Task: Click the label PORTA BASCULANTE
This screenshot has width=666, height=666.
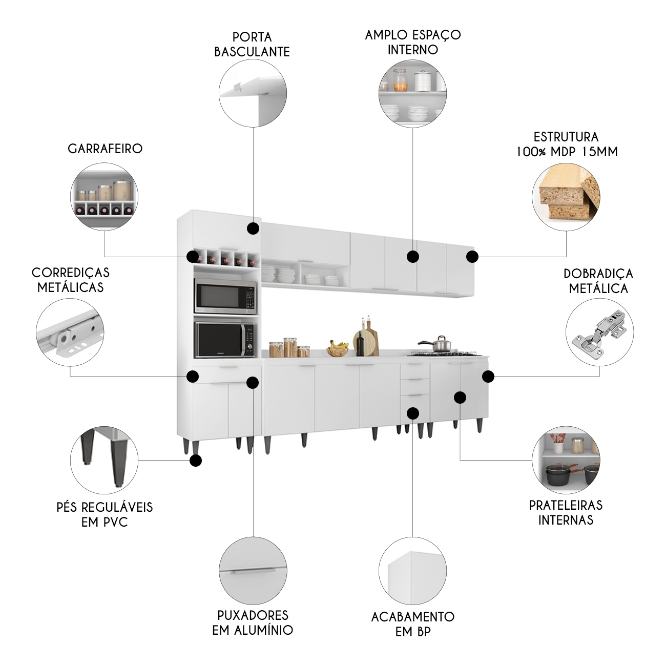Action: click(x=252, y=44)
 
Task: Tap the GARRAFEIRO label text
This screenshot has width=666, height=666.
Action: click(x=105, y=149)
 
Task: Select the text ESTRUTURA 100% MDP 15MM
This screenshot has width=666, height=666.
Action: click(x=566, y=144)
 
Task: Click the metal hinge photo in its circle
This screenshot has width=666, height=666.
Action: click(x=599, y=332)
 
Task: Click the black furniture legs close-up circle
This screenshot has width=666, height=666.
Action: click(x=103, y=459)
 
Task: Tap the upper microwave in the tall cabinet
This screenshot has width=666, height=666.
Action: click(x=225, y=296)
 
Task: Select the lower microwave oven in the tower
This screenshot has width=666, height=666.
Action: click(x=225, y=339)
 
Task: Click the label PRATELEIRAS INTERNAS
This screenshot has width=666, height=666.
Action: click(x=566, y=512)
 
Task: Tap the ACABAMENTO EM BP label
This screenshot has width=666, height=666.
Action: click(x=413, y=623)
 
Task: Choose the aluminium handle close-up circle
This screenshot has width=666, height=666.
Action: click(x=253, y=570)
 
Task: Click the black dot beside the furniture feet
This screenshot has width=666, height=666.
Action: click(x=195, y=461)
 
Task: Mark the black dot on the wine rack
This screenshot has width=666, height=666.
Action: click(x=193, y=256)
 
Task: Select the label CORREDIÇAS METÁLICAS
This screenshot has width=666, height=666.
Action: click(x=70, y=280)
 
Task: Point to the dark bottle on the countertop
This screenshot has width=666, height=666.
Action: click(x=360, y=343)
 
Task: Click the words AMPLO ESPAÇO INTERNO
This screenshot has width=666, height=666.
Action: click(x=413, y=42)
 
